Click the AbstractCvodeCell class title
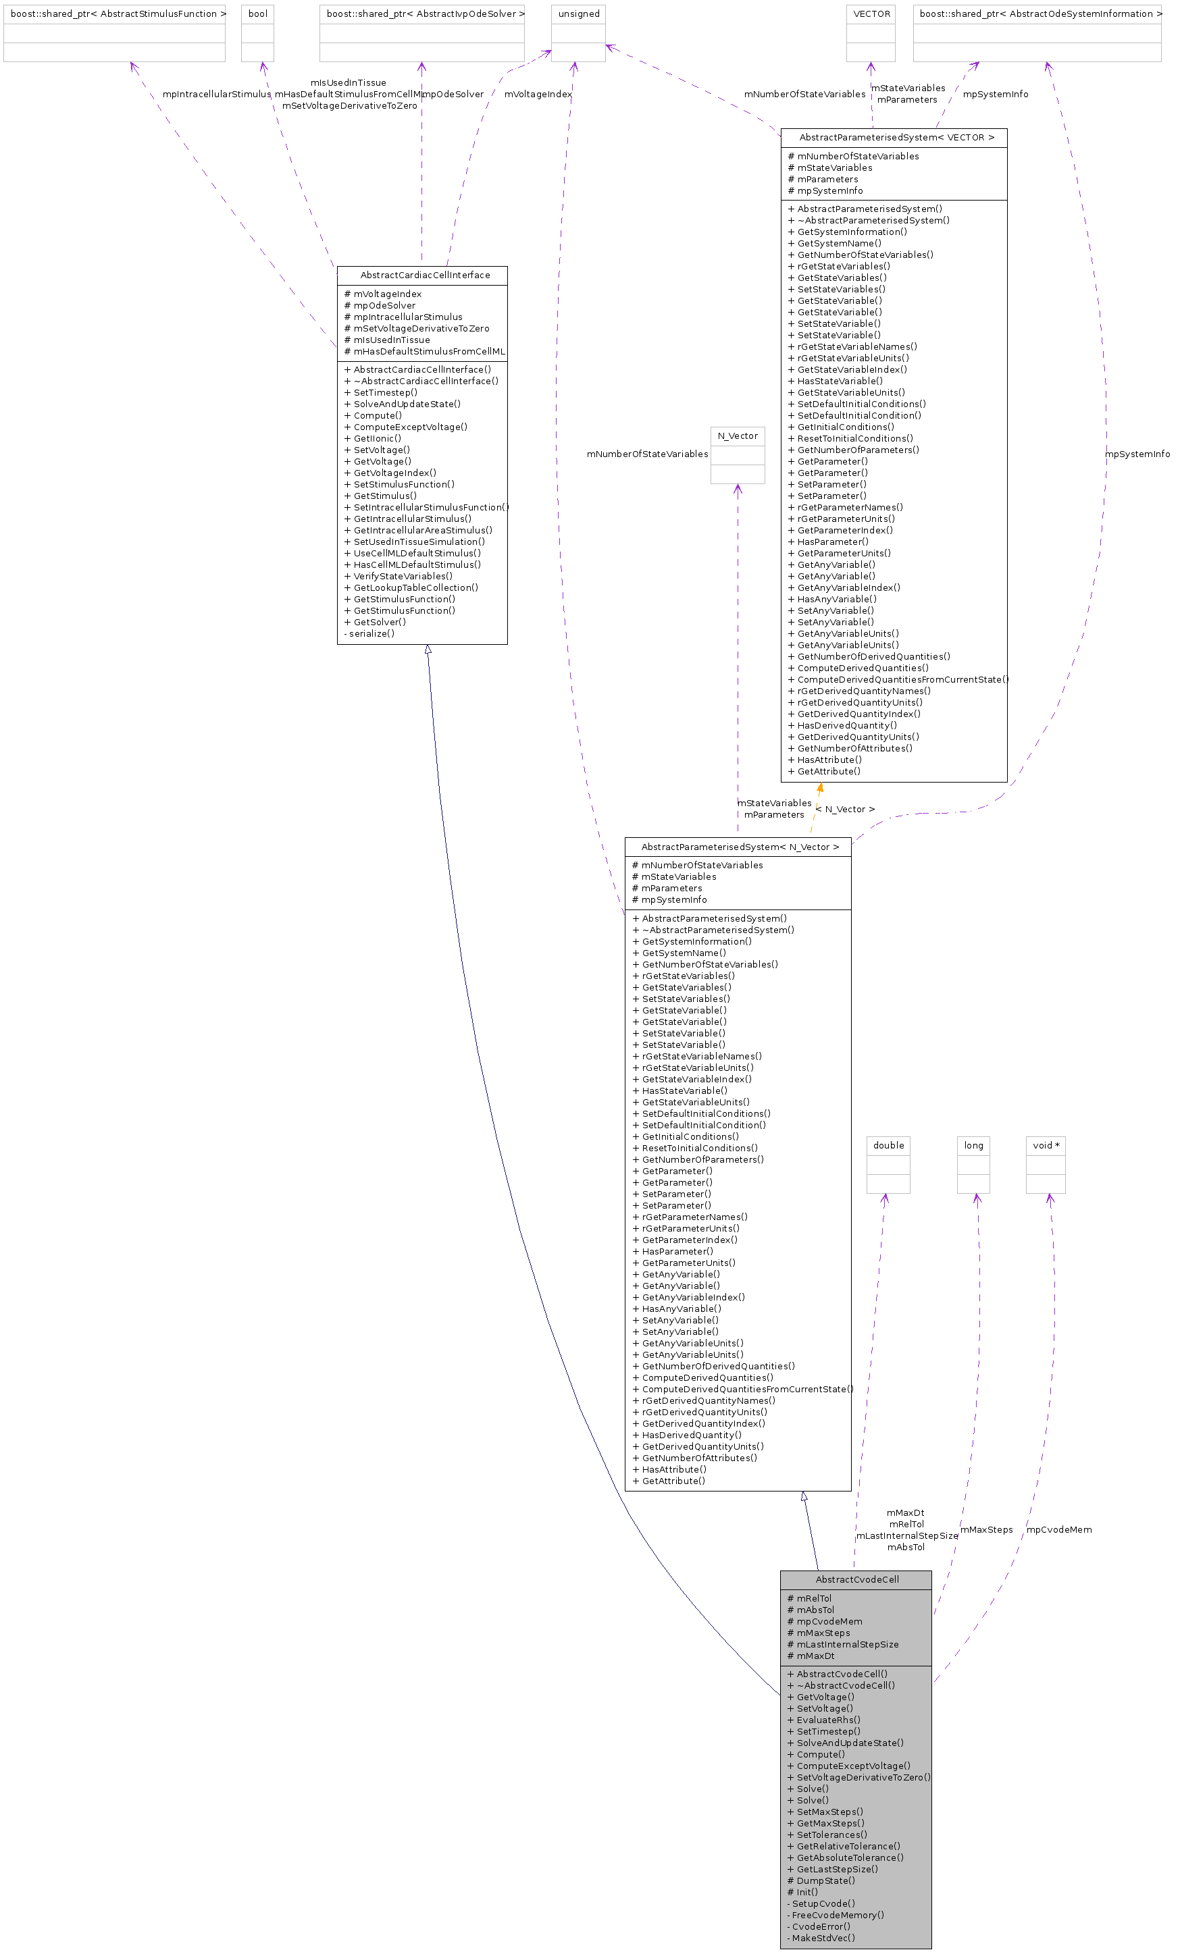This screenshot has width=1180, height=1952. coord(856,1579)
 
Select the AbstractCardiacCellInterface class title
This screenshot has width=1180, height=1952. coord(425,275)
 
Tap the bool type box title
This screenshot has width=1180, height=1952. coord(257,14)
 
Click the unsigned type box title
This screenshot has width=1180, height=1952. coord(578,14)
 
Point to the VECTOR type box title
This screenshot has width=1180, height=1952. coord(871,14)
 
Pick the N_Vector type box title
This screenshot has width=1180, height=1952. coord(737,436)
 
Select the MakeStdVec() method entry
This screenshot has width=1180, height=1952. coord(823,1938)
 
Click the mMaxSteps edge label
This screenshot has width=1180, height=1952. coord(987,1530)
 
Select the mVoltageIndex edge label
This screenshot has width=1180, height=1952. coord(538,95)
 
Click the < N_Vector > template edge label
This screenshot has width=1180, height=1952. coord(846,809)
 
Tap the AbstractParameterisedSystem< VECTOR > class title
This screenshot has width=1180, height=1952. coord(896,137)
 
